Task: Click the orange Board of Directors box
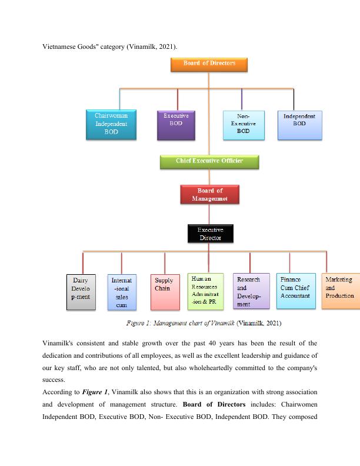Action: coord(209,64)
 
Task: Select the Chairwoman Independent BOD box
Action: coord(111,125)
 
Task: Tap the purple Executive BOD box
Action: coord(176,125)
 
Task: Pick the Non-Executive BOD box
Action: coord(243,125)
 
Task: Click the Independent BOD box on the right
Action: coord(299,125)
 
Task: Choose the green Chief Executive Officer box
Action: coord(209,161)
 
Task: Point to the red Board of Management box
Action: coord(209,195)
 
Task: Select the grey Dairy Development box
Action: coord(80,291)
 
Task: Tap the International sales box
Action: coord(121,292)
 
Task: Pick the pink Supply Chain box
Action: coord(165,291)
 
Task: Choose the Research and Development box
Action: coord(251,291)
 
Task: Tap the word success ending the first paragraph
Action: coord(54,380)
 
